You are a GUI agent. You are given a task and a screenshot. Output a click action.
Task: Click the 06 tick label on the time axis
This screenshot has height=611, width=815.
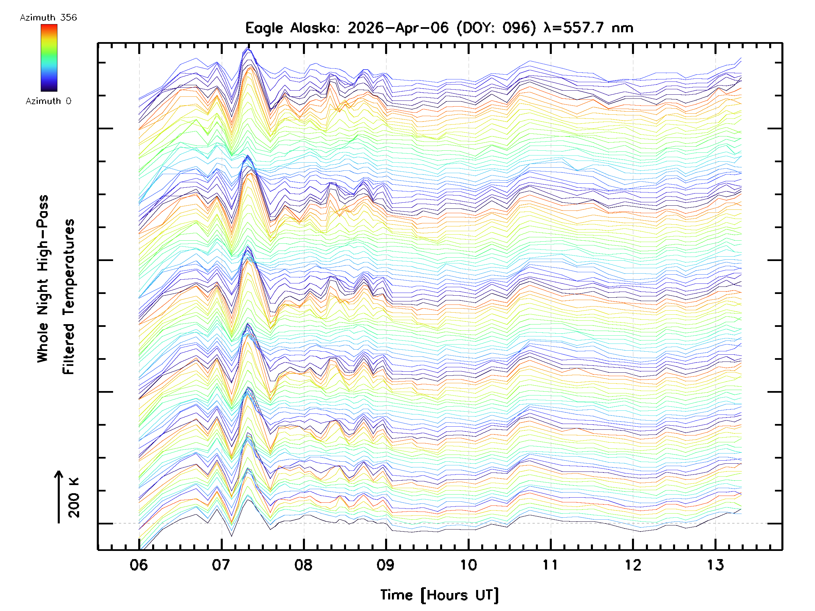139,565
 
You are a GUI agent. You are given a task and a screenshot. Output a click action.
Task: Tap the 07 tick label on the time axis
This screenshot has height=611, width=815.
221,565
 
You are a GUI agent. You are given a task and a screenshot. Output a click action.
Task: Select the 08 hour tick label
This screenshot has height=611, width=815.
304,565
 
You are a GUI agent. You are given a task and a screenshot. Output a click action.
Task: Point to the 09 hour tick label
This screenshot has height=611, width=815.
386,565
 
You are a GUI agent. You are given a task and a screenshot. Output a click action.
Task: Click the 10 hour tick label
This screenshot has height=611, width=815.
468,565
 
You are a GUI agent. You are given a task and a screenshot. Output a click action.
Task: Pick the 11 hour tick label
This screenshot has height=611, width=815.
550,565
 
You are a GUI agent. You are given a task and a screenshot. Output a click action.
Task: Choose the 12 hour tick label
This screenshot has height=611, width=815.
633,565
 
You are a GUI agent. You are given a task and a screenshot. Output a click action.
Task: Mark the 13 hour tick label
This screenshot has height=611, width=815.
715,565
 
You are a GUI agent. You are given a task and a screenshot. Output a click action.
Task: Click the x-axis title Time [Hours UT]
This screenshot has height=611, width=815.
439,595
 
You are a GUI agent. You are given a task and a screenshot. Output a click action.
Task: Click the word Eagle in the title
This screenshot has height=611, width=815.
264,28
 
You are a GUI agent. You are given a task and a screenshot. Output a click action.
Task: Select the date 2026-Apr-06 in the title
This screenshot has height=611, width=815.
398,28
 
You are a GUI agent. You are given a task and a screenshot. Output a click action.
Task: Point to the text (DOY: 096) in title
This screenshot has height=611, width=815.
496,28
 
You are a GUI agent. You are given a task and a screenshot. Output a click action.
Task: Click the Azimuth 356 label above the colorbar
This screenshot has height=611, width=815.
48,18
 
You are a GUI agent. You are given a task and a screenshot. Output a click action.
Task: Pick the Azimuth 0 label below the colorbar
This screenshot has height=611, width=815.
48,101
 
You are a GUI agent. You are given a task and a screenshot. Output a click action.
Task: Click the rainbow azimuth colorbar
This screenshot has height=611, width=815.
49,58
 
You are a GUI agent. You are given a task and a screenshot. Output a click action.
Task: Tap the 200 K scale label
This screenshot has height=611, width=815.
74,498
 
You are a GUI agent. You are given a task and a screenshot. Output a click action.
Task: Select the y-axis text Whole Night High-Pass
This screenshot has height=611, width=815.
43,279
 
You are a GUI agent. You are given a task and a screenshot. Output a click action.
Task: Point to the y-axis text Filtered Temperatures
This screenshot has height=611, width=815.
69,297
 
